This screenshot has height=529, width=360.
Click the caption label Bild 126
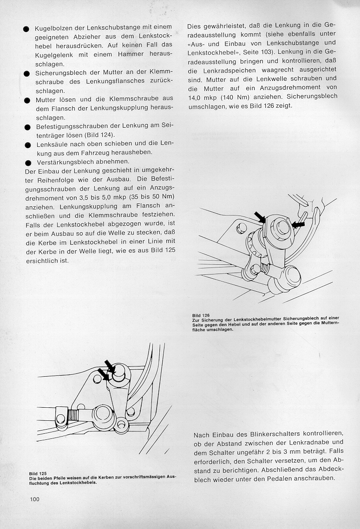click(201, 316)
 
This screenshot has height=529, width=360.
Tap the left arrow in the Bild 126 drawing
click(260, 216)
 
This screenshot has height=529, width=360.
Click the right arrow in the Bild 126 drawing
click(299, 224)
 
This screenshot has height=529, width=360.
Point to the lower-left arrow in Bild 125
click(103, 374)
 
